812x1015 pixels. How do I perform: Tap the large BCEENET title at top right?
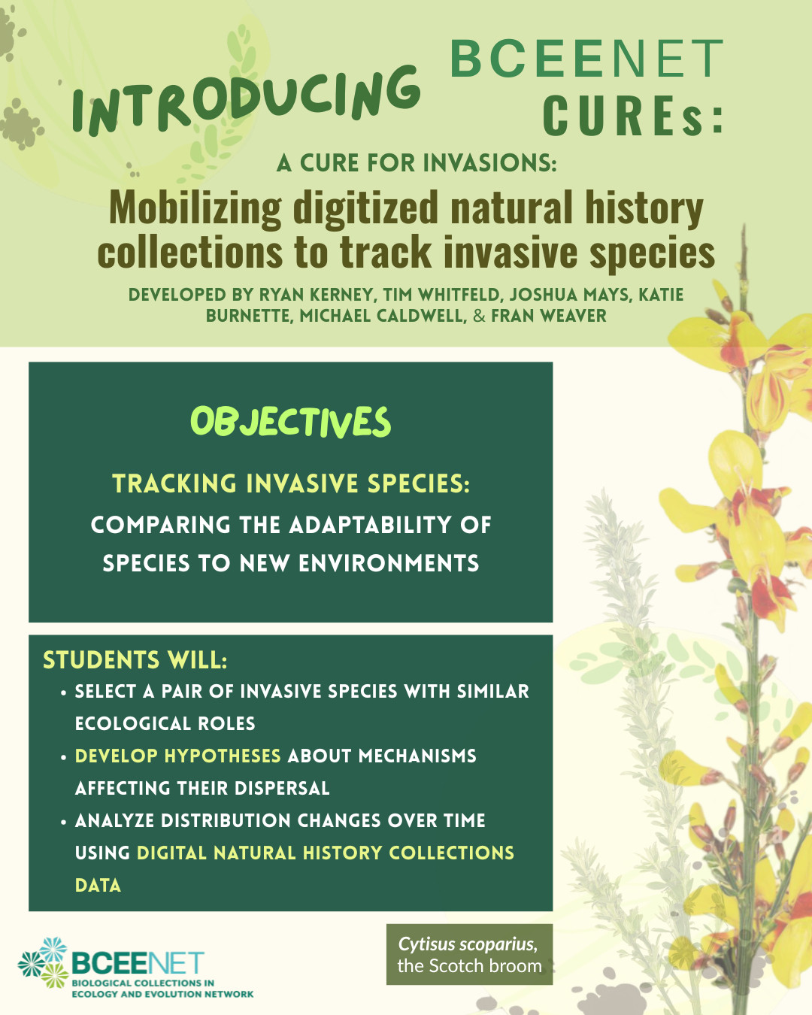coord(587,59)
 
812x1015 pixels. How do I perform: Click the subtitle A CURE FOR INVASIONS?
coord(417,163)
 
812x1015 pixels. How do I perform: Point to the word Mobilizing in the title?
coord(195,208)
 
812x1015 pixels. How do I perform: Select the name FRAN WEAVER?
coord(549,316)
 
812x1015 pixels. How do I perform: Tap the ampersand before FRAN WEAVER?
coord(479,316)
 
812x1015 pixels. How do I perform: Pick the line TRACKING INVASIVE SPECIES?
coord(291,483)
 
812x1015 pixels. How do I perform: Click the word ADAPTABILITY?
coord(368,525)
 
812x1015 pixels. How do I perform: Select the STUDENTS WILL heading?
coord(135,660)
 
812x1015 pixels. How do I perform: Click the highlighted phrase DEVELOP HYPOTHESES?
coord(178,756)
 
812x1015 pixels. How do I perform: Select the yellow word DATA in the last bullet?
coord(98,885)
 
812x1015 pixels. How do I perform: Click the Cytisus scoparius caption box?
coord(469,955)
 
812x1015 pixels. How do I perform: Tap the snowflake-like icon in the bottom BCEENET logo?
coord(44,962)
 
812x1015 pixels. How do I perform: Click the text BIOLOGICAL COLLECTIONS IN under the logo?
coord(143,983)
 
